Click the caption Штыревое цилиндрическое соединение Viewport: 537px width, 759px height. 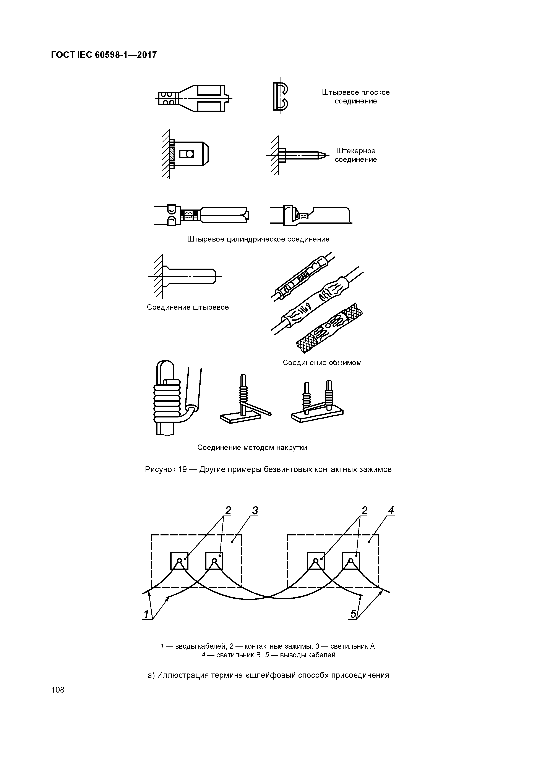click(258, 239)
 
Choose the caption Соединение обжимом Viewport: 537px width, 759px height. click(322, 363)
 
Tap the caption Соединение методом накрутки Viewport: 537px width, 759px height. click(252, 448)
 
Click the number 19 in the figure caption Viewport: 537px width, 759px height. click(182, 469)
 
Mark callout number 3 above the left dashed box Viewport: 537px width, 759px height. click(255, 511)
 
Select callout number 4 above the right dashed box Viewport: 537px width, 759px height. click(391, 511)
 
